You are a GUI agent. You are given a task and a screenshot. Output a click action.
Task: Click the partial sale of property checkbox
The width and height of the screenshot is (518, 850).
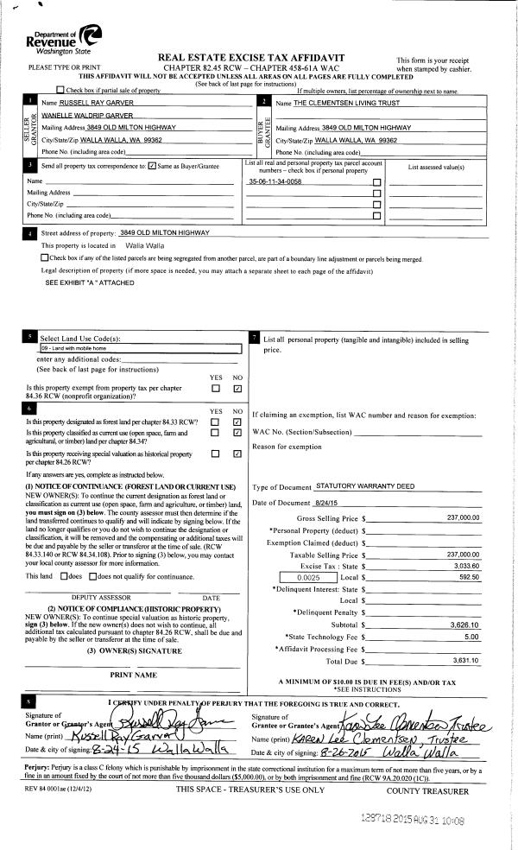click(x=59, y=90)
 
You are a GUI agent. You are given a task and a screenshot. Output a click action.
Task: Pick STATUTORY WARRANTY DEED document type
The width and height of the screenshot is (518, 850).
click(x=354, y=489)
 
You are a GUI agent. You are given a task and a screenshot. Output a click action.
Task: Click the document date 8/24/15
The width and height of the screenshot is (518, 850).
click(x=327, y=503)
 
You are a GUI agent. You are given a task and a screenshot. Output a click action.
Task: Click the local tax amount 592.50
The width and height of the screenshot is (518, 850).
click(x=466, y=577)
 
